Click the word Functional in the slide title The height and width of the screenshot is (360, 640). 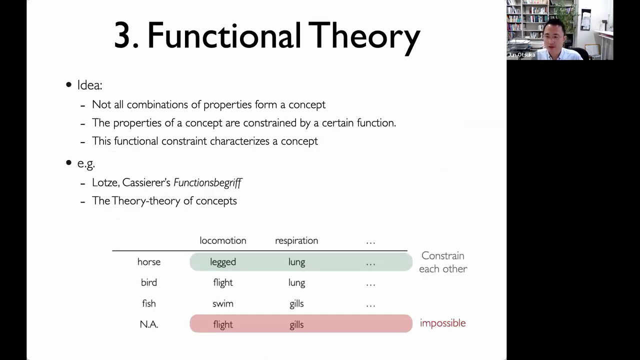coord(224,35)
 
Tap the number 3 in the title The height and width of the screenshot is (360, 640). coord(123,35)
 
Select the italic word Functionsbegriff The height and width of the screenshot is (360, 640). coord(207,183)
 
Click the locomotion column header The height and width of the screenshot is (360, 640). coord(223,240)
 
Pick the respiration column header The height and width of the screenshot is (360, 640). coord(296,241)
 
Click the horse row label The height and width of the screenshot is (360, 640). coord(149,262)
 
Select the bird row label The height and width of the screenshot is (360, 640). coord(149,282)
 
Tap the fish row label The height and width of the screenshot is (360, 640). coord(149,303)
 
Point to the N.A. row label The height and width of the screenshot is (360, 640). coord(149,324)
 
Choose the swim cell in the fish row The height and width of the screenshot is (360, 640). coord(223,303)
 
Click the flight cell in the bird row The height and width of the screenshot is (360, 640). coord(223,283)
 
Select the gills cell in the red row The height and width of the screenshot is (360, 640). coord(296,325)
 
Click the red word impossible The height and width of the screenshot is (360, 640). coord(443,323)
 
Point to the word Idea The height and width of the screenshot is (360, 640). coord(89,85)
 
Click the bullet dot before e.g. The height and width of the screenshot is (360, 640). coord(68,162)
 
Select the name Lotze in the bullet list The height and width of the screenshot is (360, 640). coord(105,182)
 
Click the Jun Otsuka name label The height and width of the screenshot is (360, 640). coord(521,55)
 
